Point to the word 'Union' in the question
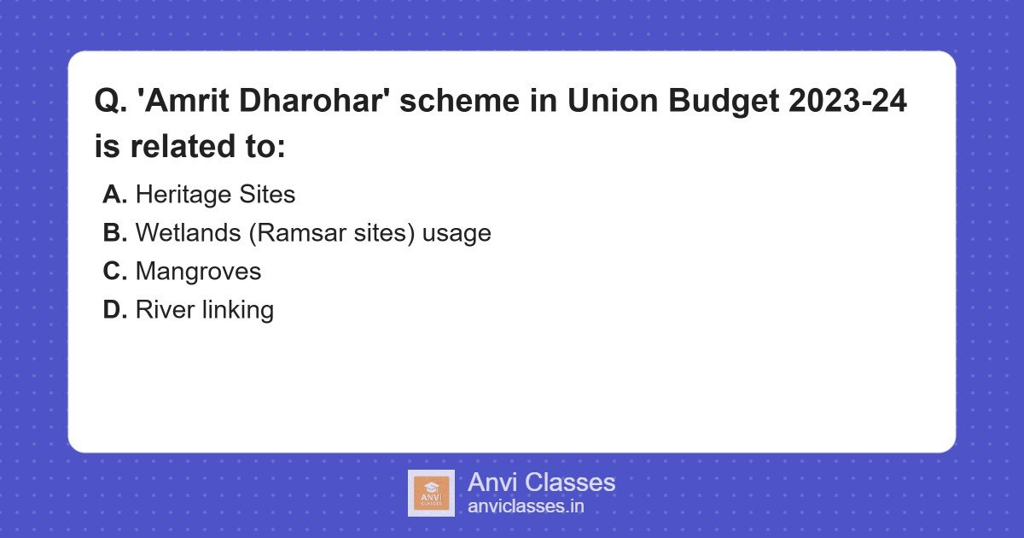(x=611, y=102)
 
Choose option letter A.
(x=114, y=195)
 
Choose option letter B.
(x=114, y=233)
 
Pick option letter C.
(x=114, y=272)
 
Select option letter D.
(x=114, y=310)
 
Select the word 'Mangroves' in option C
(x=198, y=272)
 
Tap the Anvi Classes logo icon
(x=431, y=493)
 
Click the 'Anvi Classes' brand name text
(x=541, y=482)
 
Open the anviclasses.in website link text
(x=526, y=506)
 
